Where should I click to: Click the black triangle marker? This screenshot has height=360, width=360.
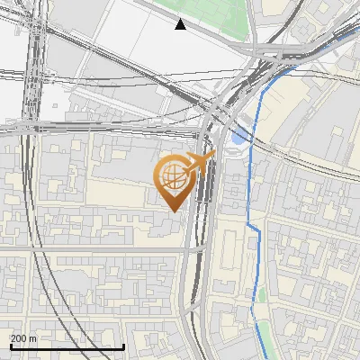pos(181,24)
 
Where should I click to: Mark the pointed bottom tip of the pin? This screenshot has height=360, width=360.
pos(174,211)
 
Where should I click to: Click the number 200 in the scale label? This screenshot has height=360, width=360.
pos(18,338)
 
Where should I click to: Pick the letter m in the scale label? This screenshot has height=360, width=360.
pos(33,338)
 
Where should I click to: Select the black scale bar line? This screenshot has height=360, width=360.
pos(67,346)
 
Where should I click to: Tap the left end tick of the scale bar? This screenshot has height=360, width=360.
pos(10,345)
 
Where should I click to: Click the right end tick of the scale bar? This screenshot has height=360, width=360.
pos(123,345)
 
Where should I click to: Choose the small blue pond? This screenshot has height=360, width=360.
pos(238,137)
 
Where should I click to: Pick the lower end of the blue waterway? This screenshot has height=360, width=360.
pos(267,356)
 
